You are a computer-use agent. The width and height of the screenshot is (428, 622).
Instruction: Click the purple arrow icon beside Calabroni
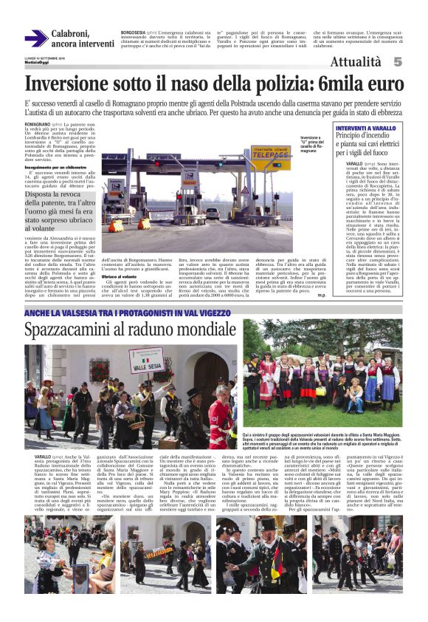tap(35, 38)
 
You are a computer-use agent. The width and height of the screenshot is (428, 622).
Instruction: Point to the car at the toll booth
tap(213, 213)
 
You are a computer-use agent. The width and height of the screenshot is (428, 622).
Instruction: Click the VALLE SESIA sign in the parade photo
tap(146, 360)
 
